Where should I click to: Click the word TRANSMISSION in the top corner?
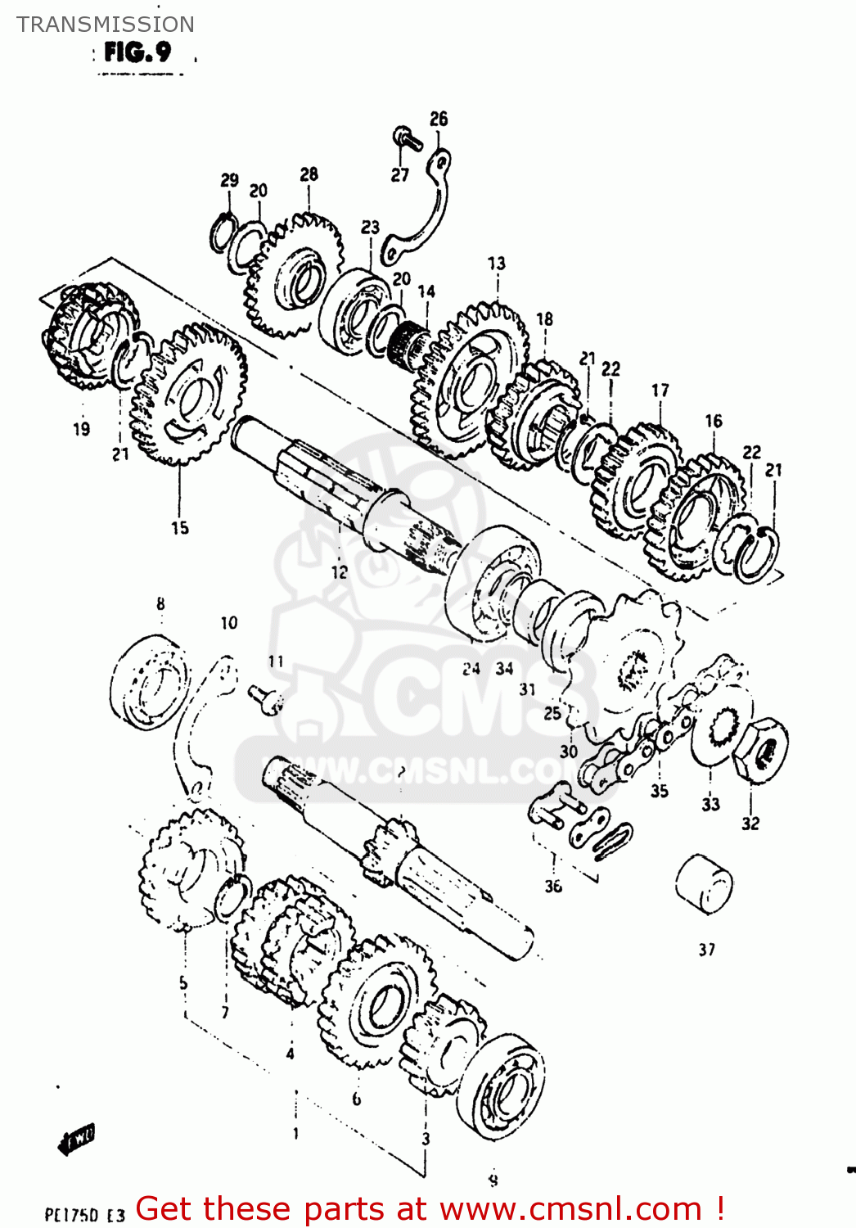(x=106, y=25)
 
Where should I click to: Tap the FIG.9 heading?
(x=137, y=53)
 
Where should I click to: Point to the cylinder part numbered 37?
(x=704, y=883)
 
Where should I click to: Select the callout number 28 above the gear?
(x=309, y=174)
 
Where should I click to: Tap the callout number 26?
(x=439, y=119)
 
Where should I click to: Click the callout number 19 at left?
(x=81, y=428)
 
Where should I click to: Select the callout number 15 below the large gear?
(x=180, y=528)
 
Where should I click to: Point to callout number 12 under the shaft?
(x=339, y=572)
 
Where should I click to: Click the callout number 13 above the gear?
(x=497, y=264)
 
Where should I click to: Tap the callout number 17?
(x=660, y=391)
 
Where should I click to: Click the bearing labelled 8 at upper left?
(x=149, y=681)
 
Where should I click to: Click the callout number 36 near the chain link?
(x=553, y=886)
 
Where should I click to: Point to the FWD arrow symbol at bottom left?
(x=77, y=1138)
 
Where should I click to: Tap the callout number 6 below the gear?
(x=356, y=1099)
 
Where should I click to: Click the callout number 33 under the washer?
(x=710, y=804)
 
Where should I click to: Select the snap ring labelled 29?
(x=223, y=233)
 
